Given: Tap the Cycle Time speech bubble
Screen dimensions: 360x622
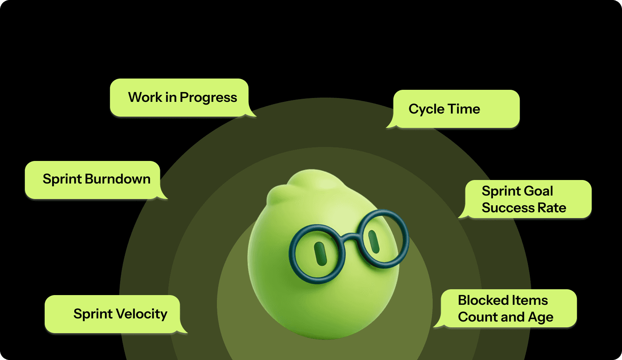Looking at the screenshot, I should tap(456, 109).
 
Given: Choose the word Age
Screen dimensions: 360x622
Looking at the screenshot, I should tap(541, 318).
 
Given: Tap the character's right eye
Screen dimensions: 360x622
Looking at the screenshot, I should tap(374, 241).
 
